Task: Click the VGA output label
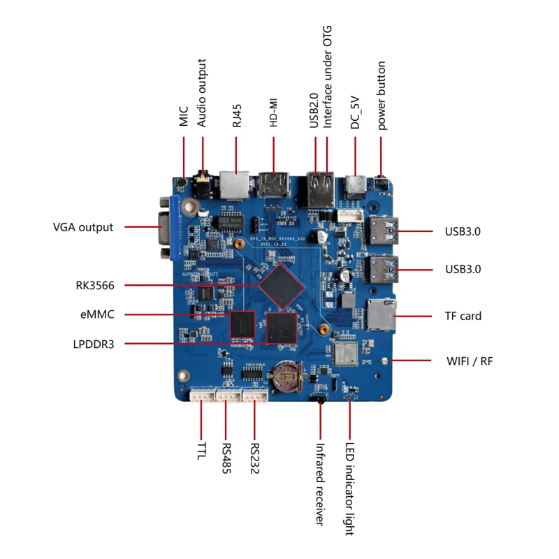[82, 227]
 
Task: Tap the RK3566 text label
[95, 285]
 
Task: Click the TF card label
[463, 316]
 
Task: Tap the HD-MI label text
[275, 112]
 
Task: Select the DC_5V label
[356, 111]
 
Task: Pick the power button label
[382, 96]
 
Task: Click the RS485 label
[226, 458]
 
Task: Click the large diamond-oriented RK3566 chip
[282, 286]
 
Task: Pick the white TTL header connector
[201, 396]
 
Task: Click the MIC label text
[184, 116]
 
